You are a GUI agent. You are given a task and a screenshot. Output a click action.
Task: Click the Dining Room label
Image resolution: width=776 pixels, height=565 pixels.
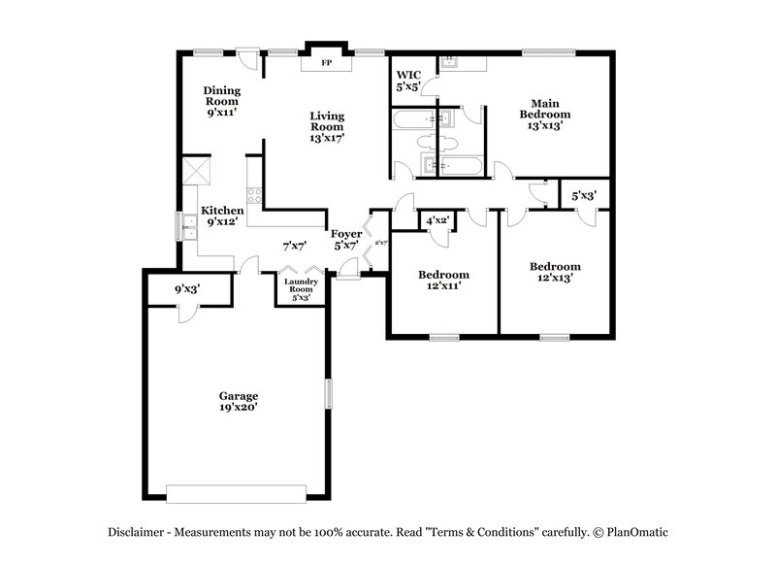coord(221,101)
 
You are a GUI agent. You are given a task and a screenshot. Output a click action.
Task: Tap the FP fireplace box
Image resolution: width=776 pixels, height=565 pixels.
coord(326,62)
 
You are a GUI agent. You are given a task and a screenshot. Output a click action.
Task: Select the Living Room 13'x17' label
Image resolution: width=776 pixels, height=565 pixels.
coord(327,126)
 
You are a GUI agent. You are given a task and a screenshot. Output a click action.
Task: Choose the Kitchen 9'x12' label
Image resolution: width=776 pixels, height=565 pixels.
coord(222,216)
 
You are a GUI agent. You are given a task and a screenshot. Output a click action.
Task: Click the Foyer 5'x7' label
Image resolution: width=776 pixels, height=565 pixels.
coord(346,239)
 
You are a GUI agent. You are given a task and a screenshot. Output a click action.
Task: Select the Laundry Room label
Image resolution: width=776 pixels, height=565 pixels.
coord(299,288)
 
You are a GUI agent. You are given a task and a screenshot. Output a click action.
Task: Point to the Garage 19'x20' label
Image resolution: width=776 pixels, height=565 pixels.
coord(238,402)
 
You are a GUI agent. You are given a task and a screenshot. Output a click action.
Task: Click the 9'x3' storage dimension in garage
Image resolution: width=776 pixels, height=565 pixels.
coord(188,289)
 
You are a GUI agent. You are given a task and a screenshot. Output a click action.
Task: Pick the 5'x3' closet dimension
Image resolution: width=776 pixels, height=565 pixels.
coord(584,196)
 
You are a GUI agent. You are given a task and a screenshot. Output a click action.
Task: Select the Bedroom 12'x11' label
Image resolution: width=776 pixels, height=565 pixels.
coord(444,280)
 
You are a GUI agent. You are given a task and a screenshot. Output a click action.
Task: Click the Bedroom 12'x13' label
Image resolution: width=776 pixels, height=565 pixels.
coord(555,272)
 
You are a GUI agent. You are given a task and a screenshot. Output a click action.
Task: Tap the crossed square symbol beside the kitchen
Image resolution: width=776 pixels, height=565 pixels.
coord(199,172)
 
